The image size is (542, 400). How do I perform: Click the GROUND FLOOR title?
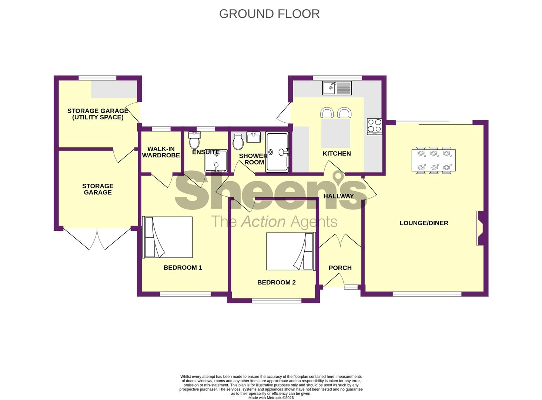coord(269,14)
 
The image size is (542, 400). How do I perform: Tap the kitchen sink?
coord(337,88)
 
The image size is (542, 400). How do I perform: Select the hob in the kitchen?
coord(374,127)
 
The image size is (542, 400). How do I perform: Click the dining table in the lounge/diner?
coord(434,160)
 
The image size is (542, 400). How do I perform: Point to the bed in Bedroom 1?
coord(168,237)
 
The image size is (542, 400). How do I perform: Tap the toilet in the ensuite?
coord(194,140)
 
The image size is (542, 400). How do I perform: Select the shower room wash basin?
coord(253,137)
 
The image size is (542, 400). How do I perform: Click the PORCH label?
coord(340,268)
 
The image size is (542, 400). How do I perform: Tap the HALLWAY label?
coord(338,196)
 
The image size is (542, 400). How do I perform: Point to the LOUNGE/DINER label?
coord(424,223)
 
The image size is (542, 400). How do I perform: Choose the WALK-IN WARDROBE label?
coord(161,152)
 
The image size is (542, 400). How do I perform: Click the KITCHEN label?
coord(337,153)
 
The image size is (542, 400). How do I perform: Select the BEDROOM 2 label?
coord(276,282)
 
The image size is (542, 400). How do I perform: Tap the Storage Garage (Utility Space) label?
coord(98,114)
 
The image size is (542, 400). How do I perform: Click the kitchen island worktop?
coord(335,133)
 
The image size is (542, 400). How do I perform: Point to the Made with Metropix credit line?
coord(271,397)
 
